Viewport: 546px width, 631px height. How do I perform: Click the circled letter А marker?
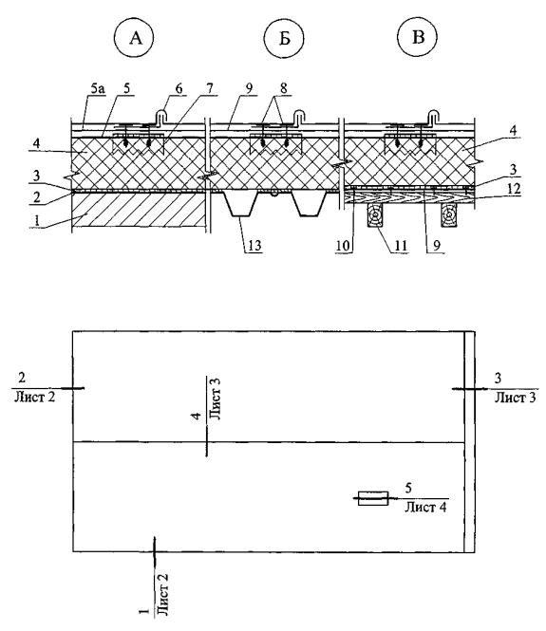tap(135, 38)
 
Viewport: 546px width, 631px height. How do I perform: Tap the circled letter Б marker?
tap(284, 38)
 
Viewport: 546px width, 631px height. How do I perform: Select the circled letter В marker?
tap(418, 37)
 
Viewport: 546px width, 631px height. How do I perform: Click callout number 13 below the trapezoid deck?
tap(254, 245)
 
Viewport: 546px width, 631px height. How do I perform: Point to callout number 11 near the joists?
tap(401, 245)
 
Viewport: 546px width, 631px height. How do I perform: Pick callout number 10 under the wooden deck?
tap(343, 245)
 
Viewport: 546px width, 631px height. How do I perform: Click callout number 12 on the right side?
tap(513, 188)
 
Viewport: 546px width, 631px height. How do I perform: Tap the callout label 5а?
tap(98, 88)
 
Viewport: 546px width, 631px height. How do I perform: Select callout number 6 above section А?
tap(179, 88)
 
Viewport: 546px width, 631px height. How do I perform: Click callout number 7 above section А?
tap(210, 88)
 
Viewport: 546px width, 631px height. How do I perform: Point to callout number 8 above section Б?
tap(284, 88)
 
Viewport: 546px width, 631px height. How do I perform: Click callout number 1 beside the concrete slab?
tap(37, 220)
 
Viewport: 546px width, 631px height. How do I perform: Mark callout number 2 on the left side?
tap(37, 196)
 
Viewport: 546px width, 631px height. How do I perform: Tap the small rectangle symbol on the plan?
tap(373, 498)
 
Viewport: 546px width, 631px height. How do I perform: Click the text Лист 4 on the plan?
tap(425, 507)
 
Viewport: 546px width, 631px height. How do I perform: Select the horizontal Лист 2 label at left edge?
tap(34, 397)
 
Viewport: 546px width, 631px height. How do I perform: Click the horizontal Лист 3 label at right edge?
tap(516, 398)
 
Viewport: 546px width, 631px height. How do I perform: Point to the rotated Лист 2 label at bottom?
tap(162, 595)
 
